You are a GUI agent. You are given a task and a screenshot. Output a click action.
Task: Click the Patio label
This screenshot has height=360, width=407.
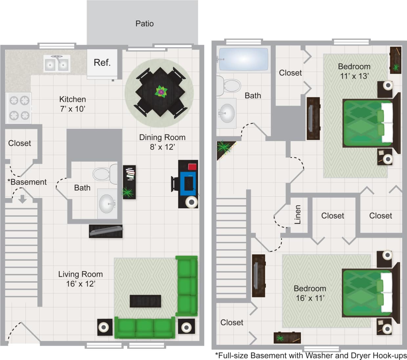point(144,24)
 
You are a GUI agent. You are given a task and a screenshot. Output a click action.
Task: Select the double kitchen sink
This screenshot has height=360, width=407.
point(57,63)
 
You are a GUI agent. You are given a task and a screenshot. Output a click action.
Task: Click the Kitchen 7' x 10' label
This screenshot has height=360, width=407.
point(73,104)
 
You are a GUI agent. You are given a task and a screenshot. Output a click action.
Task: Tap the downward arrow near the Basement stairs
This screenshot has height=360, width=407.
point(22,199)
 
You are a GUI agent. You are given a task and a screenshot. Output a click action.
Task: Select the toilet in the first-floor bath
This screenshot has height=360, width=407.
point(105,174)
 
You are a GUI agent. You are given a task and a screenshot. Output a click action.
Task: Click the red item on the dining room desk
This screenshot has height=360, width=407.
point(192,167)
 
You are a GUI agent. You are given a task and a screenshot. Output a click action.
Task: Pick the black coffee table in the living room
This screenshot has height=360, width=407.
point(145,301)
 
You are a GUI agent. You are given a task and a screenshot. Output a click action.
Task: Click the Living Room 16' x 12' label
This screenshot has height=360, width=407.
point(80,279)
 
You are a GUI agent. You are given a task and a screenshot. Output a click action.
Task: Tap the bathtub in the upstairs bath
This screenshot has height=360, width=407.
point(243,59)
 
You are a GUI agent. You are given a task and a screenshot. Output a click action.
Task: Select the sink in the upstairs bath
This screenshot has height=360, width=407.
point(226,113)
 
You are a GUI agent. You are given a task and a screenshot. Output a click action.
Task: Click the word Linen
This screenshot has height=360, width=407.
point(298,214)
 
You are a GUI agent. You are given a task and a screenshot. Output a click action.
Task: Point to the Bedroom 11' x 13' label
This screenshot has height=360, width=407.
point(354,71)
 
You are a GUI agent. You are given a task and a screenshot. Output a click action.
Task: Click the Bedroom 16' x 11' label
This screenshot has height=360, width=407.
point(310,293)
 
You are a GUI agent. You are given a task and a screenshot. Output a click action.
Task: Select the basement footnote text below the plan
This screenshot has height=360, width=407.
point(311,355)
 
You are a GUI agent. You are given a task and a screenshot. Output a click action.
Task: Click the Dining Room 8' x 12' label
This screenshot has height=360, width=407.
point(162,142)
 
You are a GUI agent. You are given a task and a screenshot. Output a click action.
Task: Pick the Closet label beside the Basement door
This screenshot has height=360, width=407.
point(19,143)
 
